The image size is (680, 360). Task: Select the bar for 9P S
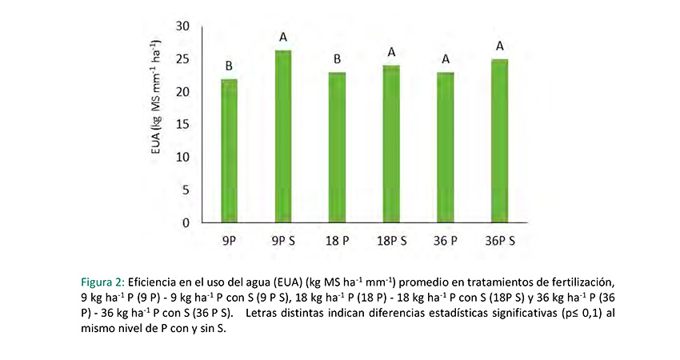[283, 136]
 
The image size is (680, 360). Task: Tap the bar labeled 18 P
[338, 147]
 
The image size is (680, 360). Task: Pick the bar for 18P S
[392, 144]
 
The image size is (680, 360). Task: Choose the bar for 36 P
[446, 147]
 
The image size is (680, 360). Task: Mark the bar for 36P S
[500, 141]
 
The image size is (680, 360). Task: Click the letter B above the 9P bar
[229, 66]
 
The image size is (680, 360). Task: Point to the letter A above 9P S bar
[283, 37]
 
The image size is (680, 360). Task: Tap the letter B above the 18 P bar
[338, 59]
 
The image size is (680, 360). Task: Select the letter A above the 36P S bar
[500, 46]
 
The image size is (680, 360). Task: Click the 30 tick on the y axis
[183, 26]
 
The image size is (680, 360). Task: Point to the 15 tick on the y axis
[183, 124]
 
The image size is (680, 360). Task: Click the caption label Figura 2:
[102, 282]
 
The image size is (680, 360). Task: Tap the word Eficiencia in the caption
[152, 282]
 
